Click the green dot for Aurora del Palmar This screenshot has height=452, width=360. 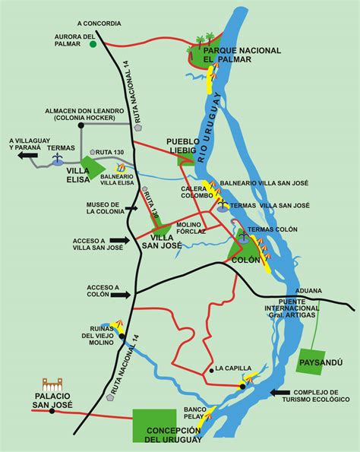(x=93, y=45)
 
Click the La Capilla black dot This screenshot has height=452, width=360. (x=210, y=370)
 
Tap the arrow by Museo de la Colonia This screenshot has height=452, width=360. (x=136, y=206)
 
